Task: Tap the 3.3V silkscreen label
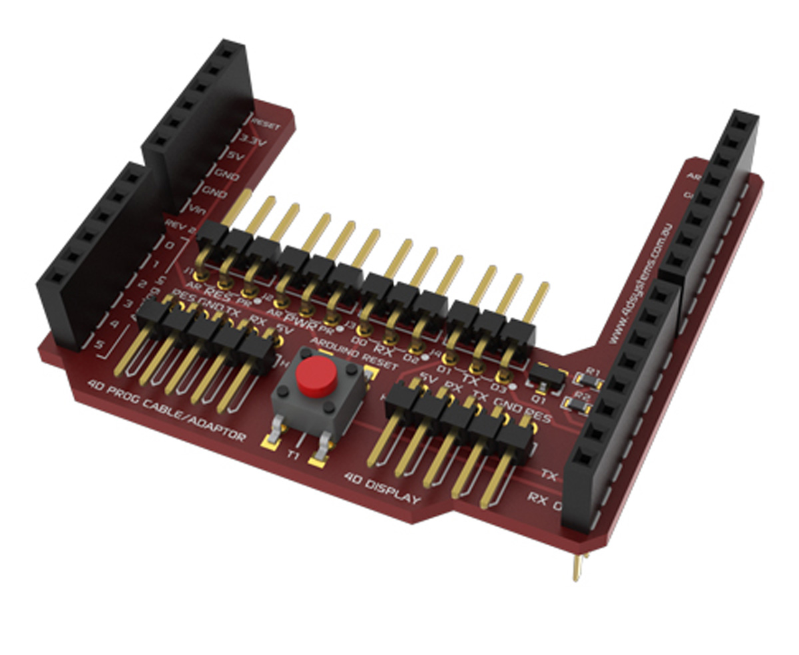[x=253, y=142]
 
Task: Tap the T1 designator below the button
[x=294, y=455]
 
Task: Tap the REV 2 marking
[x=180, y=226]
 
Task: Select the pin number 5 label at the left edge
[x=99, y=345]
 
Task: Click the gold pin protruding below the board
[x=578, y=567]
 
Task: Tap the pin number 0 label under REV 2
[x=170, y=245]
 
